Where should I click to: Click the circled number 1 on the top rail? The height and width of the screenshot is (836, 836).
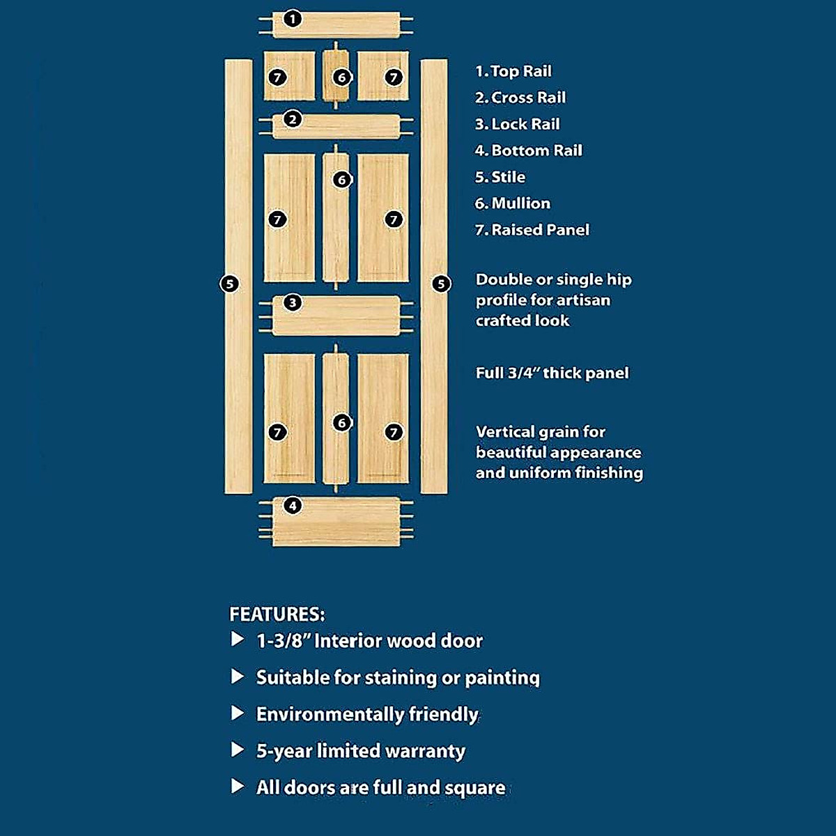tap(293, 19)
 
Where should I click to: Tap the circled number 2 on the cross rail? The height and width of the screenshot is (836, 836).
tap(293, 119)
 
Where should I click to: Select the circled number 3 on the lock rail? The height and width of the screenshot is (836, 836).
tap(293, 302)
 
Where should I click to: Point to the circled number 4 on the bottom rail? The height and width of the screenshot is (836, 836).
tap(293, 505)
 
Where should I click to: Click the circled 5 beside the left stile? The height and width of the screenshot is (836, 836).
tap(229, 284)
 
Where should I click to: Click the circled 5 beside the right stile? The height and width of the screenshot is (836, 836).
tap(441, 284)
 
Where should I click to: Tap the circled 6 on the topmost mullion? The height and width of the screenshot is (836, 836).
tap(341, 77)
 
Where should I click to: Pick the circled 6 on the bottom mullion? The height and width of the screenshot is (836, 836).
tap(341, 423)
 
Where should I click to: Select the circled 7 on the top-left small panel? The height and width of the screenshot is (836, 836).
tap(277, 77)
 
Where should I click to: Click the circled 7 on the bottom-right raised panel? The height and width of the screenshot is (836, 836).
tap(394, 433)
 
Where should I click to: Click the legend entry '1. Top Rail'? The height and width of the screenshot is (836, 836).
tap(513, 71)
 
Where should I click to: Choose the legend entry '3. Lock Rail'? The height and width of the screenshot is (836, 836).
tap(518, 124)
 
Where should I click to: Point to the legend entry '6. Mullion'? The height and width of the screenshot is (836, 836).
tap(513, 203)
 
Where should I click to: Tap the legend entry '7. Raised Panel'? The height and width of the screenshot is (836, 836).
tap(532, 230)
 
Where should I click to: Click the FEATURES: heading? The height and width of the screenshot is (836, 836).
tap(277, 614)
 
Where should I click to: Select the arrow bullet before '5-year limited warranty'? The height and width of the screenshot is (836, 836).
tap(238, 750)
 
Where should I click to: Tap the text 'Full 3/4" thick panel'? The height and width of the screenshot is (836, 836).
tap(552, 373)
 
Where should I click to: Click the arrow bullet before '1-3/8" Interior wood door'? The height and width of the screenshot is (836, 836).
tap(238, 640)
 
